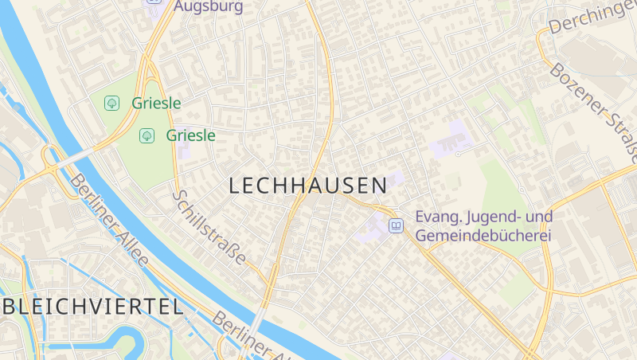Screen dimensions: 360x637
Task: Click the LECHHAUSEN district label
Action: (x=307, y=186)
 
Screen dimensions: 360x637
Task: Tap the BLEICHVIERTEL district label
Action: (x=92, y=307)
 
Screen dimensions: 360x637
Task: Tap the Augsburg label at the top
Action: (x=208, y=6)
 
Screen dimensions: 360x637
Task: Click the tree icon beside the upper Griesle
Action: (x=112, y=103)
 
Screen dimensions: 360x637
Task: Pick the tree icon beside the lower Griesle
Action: (x=147, y=135)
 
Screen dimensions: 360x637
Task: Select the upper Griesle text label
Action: (x=157, y=103)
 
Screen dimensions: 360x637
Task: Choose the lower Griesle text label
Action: (x=191, y=135)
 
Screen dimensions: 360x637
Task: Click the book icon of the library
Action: (x=396, y=226)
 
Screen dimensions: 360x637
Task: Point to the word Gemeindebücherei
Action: (x=483, y=236)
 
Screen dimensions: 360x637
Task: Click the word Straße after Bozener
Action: (x=622, y=135)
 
